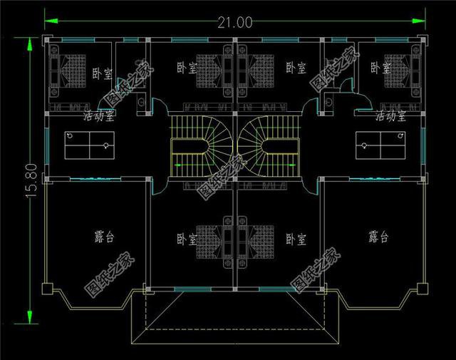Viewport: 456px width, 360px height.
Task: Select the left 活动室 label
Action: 100,115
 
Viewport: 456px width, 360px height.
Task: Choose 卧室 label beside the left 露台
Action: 187,239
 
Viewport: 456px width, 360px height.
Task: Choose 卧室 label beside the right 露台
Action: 296,239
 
